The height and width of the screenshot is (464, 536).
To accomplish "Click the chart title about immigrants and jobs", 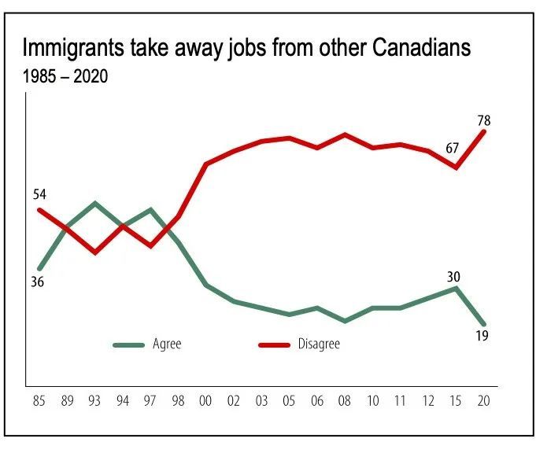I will point(246,49).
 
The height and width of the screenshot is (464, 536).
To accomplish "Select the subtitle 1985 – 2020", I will point(65,78).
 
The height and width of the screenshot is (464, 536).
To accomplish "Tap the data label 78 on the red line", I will point(483,120).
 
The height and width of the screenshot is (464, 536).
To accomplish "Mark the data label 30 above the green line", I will point(453,276).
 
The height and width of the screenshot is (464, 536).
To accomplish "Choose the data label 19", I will point(483,337).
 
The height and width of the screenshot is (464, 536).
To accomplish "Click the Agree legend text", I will point(167,344).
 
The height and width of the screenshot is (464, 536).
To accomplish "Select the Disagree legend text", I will point(319,344).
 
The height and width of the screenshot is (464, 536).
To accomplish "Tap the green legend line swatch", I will point(129,344).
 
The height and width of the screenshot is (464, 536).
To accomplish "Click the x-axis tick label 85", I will point(39,401).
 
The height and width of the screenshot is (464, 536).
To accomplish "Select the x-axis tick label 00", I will point(207,401).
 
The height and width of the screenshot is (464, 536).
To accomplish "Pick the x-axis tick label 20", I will point(484,401).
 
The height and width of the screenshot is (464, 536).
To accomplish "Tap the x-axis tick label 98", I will point(179,401).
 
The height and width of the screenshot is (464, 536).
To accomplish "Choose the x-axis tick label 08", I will point(345,401).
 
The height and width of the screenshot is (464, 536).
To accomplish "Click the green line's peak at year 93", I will point(94,203).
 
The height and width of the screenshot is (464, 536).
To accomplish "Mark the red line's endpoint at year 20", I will point(484,131).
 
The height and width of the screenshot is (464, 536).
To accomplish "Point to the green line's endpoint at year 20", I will point(484,323).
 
